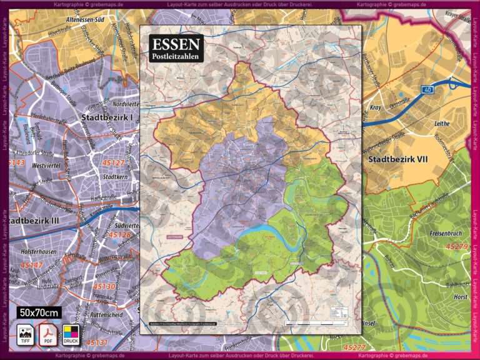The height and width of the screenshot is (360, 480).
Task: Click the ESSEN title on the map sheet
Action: point(176,44)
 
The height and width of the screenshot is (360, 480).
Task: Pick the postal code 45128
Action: point(119,235)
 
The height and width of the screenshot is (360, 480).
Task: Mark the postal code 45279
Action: point(457,247)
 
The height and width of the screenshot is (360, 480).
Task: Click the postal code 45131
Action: point(97,342)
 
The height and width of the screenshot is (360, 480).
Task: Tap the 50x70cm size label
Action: point(39,312)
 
